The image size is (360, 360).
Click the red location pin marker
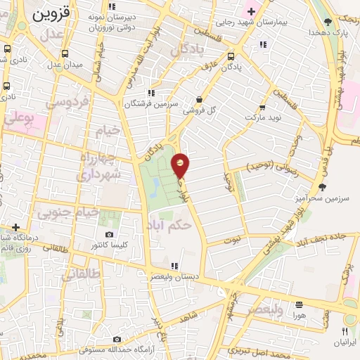(181, 165)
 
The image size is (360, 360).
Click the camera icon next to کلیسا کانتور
(108, 234)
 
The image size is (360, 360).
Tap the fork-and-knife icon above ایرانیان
(345, 331)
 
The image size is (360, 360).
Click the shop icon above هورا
(300, 305)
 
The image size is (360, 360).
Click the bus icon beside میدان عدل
(65, 54)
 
